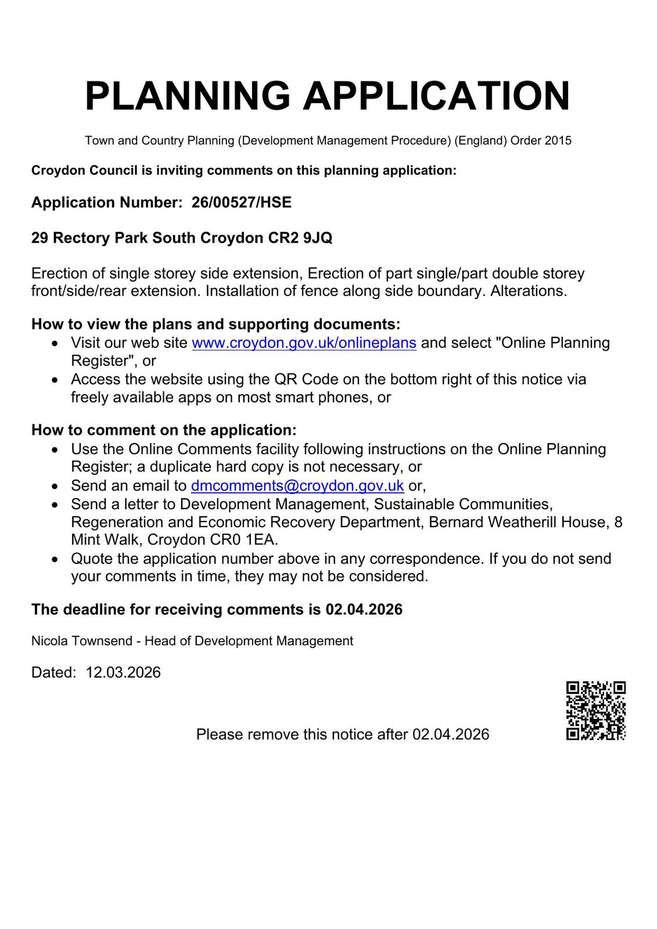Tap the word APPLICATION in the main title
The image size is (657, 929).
[437, 96]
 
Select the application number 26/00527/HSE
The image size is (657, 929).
[242, 203]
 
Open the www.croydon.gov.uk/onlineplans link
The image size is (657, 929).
[304, 343]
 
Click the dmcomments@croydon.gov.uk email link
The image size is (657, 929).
[297, 485]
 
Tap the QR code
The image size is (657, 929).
[595, 711]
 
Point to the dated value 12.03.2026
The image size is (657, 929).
[123, 672]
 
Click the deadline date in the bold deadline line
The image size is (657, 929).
[364, 610]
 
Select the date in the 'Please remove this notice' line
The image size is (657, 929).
[451, 734]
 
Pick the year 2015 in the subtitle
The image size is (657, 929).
[558, 141]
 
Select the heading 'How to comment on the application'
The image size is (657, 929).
[164, 430]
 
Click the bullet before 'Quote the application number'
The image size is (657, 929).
[55, 560]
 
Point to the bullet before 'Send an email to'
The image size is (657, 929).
[55, 487]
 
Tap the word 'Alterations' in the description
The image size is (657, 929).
[528, 291]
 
